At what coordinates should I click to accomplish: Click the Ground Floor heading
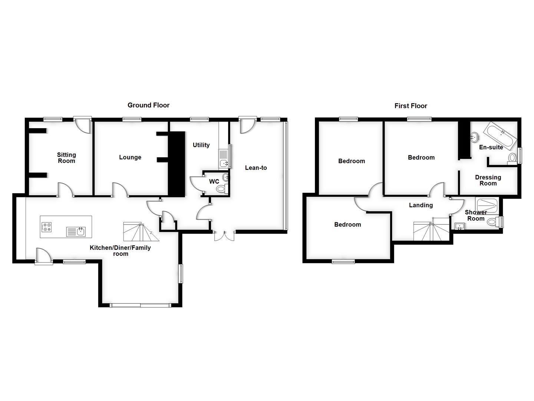pyautogui.click(x=148, y=105)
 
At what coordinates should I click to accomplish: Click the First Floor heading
pyautogui.click(x=411, y=106)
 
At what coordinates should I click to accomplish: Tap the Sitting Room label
pyautogui.click(x=66, y=158)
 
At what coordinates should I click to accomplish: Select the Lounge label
pyautogui.click(x=130, y=157)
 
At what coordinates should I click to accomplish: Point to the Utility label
pyautogui.click(x=201, y=145)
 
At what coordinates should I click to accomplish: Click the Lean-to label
pyautogui.click(x=256, y=168)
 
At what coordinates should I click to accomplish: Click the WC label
pyautogui.click(x=214, y=182)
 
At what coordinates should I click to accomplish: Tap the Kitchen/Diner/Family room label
pyautogui.click(x=120, y=251)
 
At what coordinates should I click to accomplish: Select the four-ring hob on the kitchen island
pyautogui.click(x=46, y=227)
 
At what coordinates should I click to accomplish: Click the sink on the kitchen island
pyautogui.click(x=76, y=232)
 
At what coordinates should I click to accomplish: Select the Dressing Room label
pyautogui.click(x=488, y=180)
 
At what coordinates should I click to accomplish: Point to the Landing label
pyautogui.click(x=421, y=205)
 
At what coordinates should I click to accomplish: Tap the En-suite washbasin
pyautogui.click(x=474, y=137)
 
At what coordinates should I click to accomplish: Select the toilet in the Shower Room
pyautogui.click(x=493, y=222)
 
